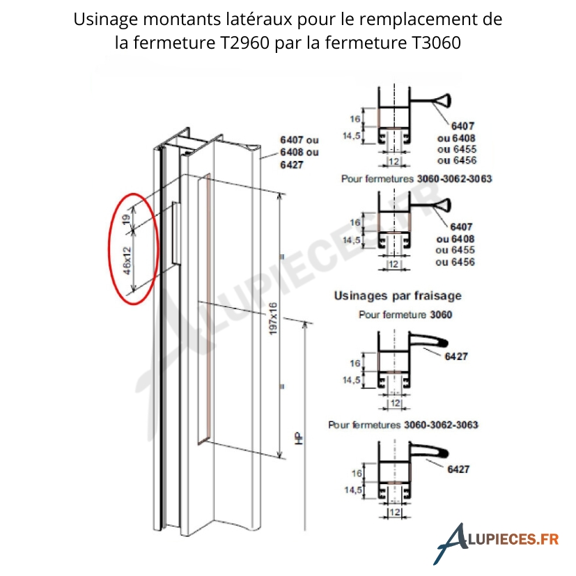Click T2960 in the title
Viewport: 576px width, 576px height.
coord(245,42)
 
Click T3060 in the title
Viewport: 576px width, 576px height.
coord(436,42)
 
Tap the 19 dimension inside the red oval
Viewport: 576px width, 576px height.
coord(126,219)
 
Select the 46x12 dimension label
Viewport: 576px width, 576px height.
coord(127,260)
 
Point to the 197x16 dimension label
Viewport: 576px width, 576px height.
coord(273,319)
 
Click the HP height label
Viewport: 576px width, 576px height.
coord(299,438)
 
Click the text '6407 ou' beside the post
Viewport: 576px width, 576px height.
coord(299,140)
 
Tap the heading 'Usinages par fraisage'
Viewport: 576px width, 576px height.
coord(398,296)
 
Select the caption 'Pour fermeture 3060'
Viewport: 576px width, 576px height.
coord(405,315)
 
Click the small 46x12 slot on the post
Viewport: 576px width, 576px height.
coord(176,233)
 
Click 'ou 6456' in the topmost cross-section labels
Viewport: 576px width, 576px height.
coord(457,160)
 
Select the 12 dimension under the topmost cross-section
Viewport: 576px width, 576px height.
coord(394,162)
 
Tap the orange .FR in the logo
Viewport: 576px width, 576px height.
coord(547,539)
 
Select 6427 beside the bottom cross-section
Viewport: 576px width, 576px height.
coord(458,469)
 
